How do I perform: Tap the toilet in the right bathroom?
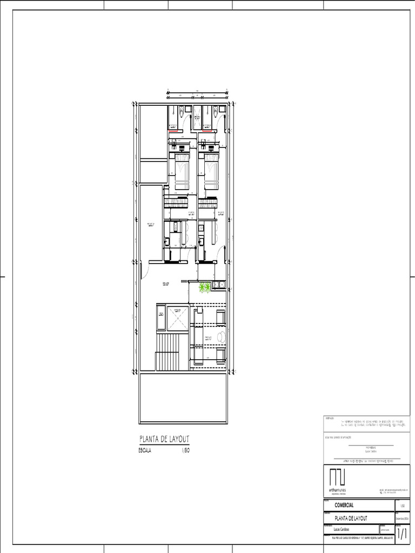(x=215, y=111)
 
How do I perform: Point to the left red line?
(x=173, y=130)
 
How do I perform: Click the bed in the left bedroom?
(x=182, y=171)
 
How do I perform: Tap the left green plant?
(x=202, y=288)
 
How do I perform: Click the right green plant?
(x=207, y=288)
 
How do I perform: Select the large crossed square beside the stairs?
(x=177, y=318)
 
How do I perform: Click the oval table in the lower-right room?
(x=222, y=337)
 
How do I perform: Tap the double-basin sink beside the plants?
(x=218, y=285)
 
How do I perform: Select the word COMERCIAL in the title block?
(x=344, y=505)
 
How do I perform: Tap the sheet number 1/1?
(x=403, y=534)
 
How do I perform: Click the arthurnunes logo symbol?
(x=338, y=477)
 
